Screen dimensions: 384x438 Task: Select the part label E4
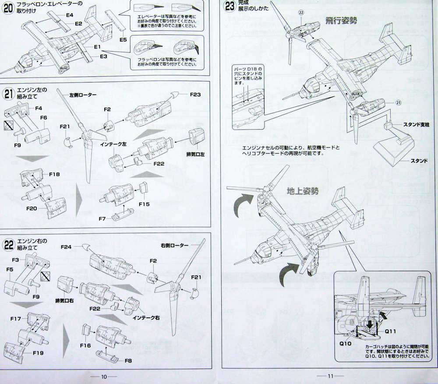click(69, 15)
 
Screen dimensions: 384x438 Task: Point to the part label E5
click(123, 40)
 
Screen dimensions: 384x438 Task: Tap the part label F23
click(195, 94)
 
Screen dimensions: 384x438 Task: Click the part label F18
click(54, 174)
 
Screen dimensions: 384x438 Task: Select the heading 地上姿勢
click(302, 191)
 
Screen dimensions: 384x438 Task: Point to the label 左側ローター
click(83, 95)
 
